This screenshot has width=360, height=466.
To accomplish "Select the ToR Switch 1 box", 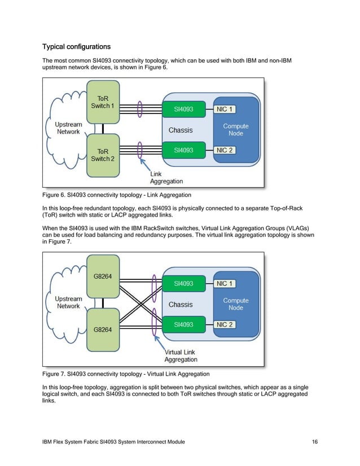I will (x=103, y=102).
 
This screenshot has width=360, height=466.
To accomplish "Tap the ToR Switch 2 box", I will (x=103, y=155).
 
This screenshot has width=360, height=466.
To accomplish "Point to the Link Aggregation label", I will (x=166, y=178).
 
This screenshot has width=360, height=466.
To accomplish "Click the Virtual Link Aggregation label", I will (x=181, y=355).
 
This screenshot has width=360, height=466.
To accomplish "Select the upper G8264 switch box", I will (x=103, y=276).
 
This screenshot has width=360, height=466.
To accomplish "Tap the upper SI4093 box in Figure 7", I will (x=184, y=283).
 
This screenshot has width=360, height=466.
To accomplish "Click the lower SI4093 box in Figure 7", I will (x=184, y=324).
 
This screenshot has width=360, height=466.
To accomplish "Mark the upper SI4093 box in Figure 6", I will (x=184, y=109).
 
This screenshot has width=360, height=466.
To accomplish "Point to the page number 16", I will (x=314, y=440).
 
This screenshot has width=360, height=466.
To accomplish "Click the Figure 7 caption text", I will (x=126, y=373).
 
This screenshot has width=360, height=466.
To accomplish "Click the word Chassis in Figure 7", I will (x=181, y=305).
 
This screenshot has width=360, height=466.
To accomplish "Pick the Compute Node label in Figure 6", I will (x=236, y=130).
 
